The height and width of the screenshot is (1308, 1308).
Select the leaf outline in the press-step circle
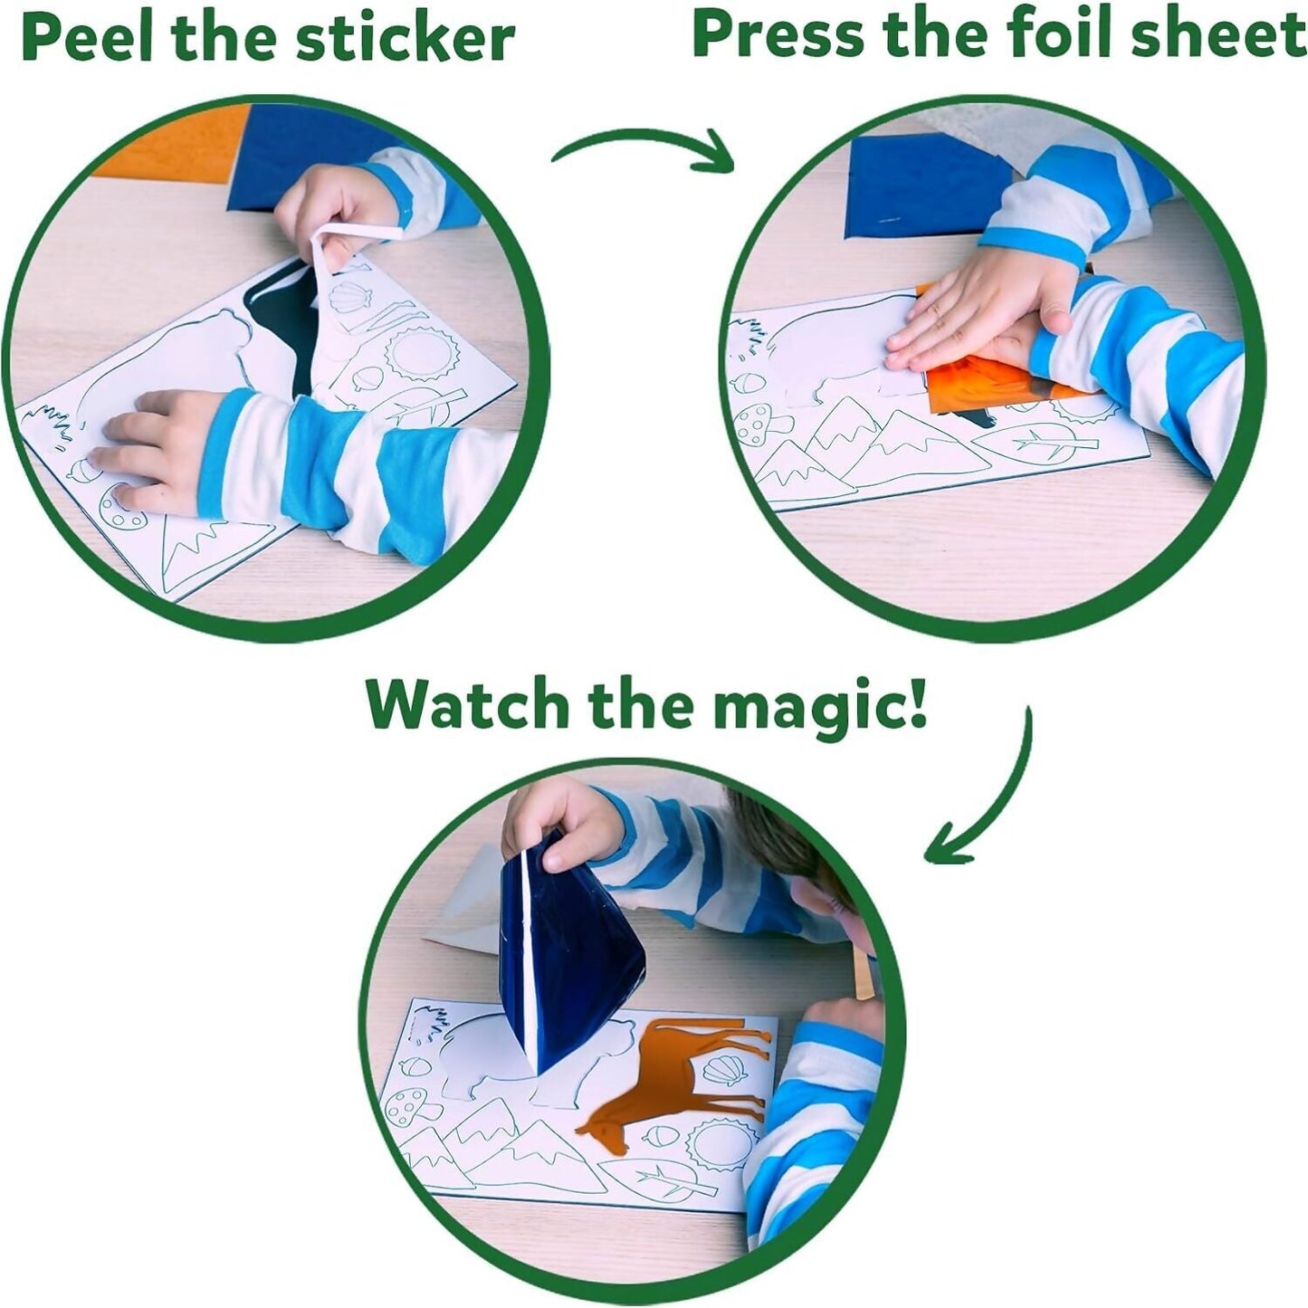tap(1032, 444)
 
